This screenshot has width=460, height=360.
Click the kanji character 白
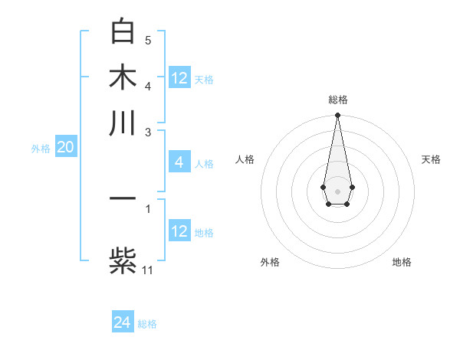tap(123, 31)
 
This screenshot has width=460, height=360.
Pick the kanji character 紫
tap(123, 260)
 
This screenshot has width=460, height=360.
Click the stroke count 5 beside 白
tap(148, 40)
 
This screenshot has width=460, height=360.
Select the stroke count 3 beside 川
tap(148, 132)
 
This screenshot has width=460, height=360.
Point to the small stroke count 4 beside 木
tap(148, 85)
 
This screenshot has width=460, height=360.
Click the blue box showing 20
tap(65, 148)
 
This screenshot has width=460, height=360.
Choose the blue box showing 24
tap(122, 322)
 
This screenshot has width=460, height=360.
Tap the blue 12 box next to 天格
tap(179, 78)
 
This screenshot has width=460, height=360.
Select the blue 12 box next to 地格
tap(179, 231)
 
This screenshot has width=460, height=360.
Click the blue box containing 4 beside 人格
tap(179, 162)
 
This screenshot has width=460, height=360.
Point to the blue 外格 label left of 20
tap(40, 149)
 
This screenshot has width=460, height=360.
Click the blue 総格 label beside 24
tap(147, 324)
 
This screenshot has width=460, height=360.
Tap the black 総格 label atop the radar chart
tap(337, 100)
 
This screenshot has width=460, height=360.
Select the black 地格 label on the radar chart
tap(402, 262)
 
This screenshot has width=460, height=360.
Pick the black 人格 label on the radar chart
tap(245, 159)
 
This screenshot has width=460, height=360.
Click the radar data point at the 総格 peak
tap(337, 116)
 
